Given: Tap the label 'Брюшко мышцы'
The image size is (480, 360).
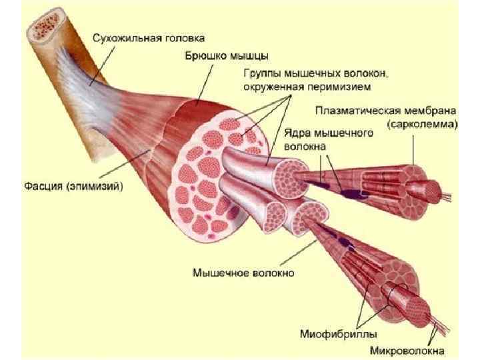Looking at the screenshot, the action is (x=218, y=55).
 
